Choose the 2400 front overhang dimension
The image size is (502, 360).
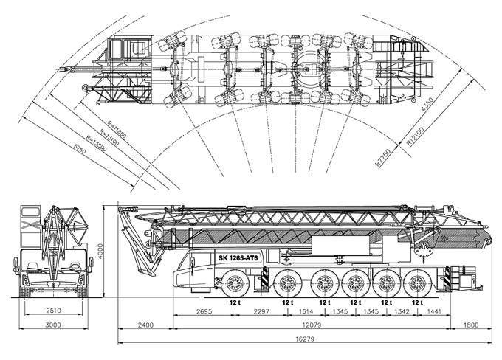[x=145, y=324]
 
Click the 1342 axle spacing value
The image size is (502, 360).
[x=401, y=312]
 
